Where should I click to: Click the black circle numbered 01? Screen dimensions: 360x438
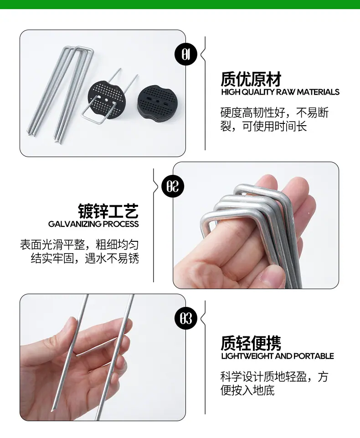[x=186, y=54]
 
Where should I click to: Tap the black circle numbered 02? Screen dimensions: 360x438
[x=173, y=186]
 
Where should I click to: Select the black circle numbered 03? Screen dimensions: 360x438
[x=186, y=318]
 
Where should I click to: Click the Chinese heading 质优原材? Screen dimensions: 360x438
[x=251, y=79]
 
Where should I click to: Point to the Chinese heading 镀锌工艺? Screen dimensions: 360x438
[x=108, y=211]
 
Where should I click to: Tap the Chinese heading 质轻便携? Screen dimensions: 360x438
[x=251, y=343]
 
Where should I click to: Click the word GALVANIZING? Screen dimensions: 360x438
[x=75, y=224]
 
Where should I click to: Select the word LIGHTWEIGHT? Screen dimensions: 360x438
[x=247, y=356]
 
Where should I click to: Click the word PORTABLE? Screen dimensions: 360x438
[x=314, y=356]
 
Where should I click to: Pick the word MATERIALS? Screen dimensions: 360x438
[x=318, y=92]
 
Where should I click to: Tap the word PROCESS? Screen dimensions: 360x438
[x=121, y=224]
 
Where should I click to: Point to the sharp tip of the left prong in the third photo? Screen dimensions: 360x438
[x=52, y=412]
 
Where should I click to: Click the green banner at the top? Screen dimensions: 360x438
[x=180, y=4]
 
